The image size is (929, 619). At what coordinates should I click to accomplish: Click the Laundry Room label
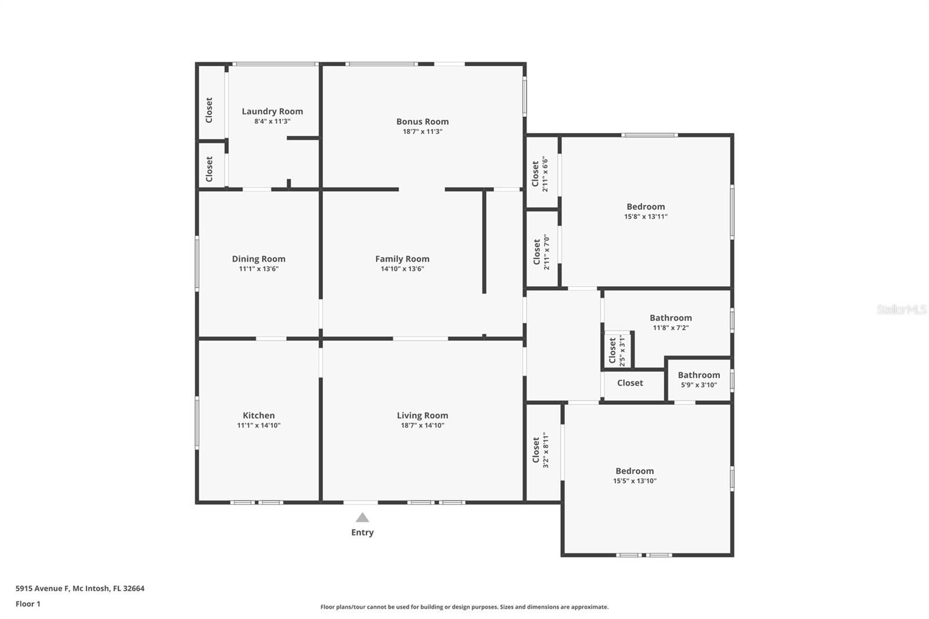pos(272,111)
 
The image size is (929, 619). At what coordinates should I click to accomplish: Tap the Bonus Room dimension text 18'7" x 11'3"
pos(423,132)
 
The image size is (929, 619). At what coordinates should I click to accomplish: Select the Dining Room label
pos(258,259)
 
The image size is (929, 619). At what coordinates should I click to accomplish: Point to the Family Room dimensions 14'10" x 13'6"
pos(402,269)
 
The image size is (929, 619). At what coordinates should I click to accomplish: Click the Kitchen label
pos(258,415)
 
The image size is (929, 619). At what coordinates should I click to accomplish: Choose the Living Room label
pos(422,415)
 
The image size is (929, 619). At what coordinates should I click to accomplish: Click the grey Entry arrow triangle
pos(362,517)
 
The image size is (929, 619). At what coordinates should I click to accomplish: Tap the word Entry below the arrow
pos(362,532)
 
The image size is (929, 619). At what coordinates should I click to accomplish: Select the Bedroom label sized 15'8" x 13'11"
pos(646,207)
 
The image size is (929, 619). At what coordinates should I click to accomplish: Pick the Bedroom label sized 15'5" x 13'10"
pos(635,471)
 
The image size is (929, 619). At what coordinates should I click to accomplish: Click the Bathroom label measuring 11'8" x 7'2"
pos(671,318)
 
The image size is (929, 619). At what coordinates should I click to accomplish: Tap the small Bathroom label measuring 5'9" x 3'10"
pos(698,375)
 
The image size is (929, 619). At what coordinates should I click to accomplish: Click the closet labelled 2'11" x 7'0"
pos(541,252)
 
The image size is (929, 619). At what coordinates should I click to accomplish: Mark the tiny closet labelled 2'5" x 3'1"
pos(617,350)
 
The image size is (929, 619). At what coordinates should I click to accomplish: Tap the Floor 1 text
pos(28,604)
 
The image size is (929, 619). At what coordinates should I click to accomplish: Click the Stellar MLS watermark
pos(901,310)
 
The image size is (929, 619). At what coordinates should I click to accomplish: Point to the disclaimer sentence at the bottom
pos(464,607)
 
